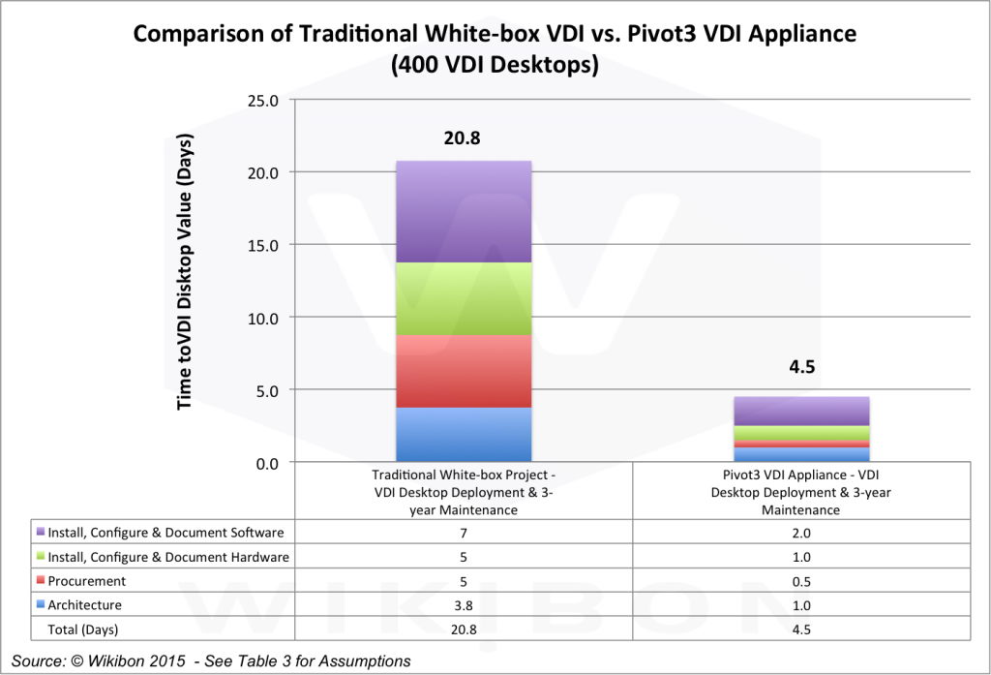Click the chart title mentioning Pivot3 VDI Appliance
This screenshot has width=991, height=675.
(x=495, y=48)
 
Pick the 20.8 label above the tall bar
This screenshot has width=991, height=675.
(x=463, y=138)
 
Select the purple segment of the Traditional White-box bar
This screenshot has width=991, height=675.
(x=464, y=211)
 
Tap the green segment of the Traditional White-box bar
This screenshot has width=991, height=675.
(x=464, y=298)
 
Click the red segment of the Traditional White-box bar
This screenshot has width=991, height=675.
(x=464, y=371)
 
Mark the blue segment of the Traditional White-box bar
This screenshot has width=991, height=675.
(x=464, y=435)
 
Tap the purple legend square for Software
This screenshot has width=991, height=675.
(x=40, y=532)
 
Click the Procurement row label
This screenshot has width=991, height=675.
(x=87, y=581)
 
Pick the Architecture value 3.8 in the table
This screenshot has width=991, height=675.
(x=464, y=605)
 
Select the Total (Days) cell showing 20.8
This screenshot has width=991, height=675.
(x=464, y=629)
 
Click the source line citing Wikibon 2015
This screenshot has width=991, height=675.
(x=211, y=660)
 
